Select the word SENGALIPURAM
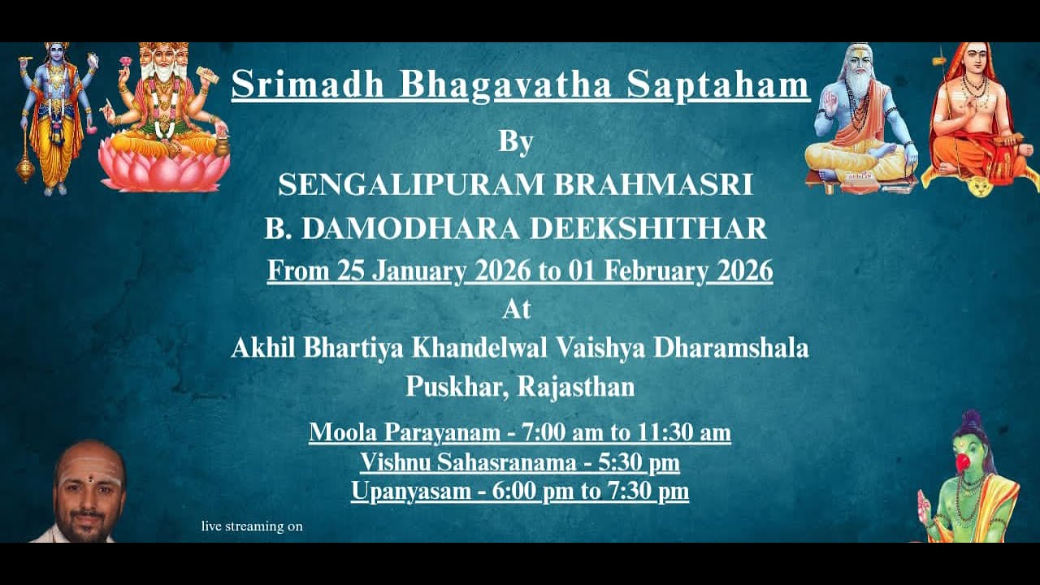click(x=410, y=185)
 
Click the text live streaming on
click(x=252, y=526)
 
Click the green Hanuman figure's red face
click(x=964, y=461)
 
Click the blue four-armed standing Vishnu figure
click(x=54, y=114)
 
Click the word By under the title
click(x=516, y=141)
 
